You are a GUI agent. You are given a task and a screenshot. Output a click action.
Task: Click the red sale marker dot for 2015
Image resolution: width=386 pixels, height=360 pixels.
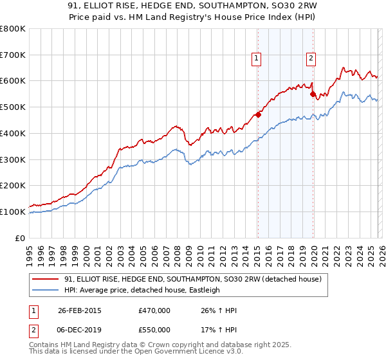[258, 115]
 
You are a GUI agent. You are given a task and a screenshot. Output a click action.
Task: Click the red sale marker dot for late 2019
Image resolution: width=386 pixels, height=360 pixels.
[313, 94]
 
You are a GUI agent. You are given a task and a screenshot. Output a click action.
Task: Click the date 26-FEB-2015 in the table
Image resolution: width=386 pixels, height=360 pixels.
[79, 311]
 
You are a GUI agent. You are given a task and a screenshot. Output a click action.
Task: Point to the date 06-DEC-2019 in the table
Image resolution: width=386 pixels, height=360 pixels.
[79, 330]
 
